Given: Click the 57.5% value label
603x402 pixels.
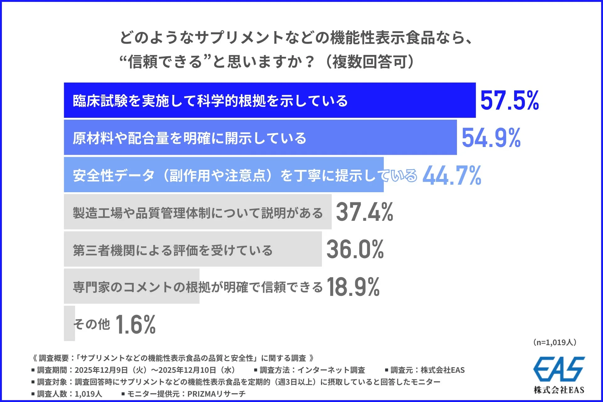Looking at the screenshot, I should point(509,100).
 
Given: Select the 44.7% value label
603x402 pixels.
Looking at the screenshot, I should point(452,175).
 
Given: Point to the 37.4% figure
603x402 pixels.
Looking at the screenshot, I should point(364,212).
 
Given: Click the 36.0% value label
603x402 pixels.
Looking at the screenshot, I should point(355,249).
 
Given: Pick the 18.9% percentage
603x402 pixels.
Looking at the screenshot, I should point(353,287).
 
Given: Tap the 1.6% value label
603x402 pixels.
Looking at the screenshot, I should point(135,324).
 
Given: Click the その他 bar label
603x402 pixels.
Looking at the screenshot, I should point(91,324).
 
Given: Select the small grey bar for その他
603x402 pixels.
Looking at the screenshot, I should point(69,323).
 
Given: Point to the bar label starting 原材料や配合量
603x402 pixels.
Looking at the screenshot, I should point(189,138).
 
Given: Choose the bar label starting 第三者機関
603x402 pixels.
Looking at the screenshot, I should point(172,250).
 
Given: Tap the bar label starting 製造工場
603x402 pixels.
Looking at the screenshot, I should point(198,213).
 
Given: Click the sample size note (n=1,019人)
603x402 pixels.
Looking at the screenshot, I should point(555,342).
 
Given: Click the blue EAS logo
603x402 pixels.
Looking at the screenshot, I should point(559,369).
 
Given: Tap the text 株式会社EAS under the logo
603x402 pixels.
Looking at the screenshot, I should point(559,390).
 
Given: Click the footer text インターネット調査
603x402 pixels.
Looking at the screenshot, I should point(331,370).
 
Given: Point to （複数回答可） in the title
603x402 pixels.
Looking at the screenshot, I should point(371,62).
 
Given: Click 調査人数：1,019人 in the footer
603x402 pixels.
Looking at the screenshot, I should point(69,394).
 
